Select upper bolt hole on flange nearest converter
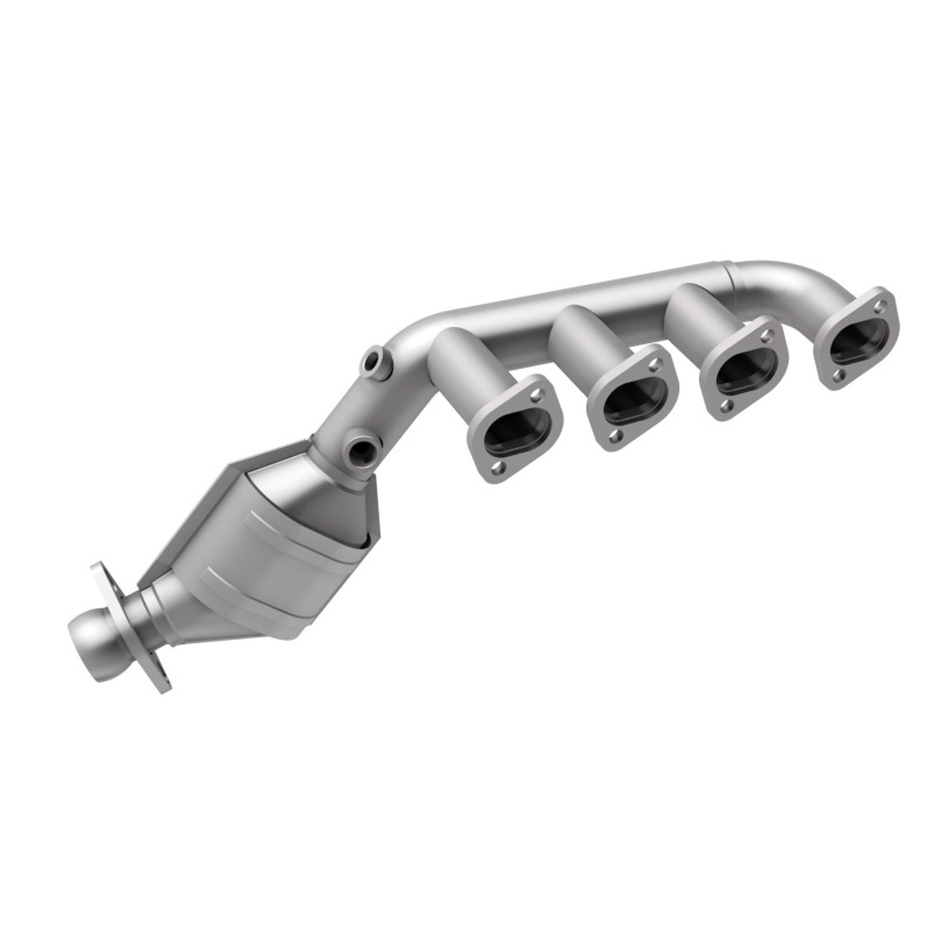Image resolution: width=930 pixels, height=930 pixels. (536, 396)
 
